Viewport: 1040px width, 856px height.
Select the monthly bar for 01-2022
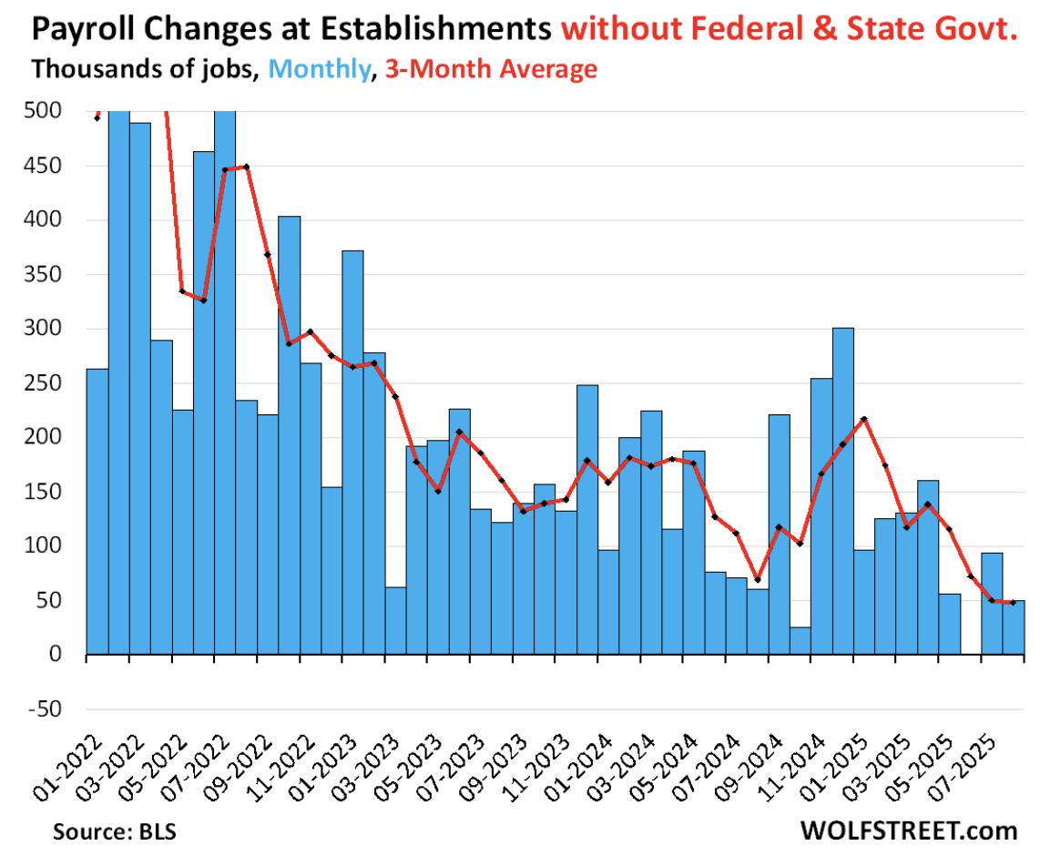point(97,511)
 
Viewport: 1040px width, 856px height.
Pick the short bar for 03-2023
point(395,620)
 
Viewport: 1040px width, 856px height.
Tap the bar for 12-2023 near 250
point(587,520)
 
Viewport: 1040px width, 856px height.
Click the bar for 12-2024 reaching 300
point(843,491)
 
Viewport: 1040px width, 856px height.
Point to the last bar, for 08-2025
point(1014,627)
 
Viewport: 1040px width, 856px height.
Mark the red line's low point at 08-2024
point(758,580)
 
